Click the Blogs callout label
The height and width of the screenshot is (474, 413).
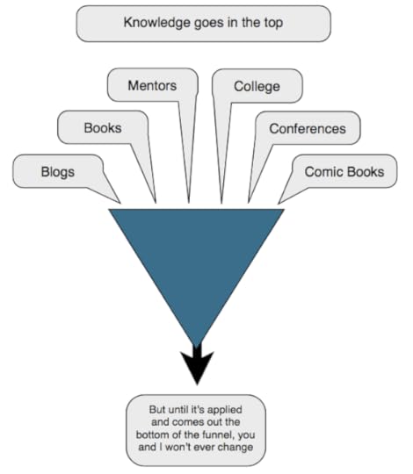[x=58, y=172]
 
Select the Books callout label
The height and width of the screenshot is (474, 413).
[x=103, y=128]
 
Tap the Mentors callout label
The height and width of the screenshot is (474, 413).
[x=152, y=85]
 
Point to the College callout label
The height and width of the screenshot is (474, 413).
[x=257, y=87]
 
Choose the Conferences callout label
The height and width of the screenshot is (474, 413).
[x=308, y=129]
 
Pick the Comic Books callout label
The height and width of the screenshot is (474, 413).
[x=344, y=172]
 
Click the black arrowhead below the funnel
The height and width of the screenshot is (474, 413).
[x=197, y=368]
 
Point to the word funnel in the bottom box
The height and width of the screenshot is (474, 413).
[x=217, y=434]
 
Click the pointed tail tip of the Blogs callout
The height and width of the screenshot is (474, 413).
[x=120, y=203]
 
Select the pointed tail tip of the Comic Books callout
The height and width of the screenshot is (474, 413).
[x=278, y=203]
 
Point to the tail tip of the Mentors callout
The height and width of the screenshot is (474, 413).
[x=189, y=203]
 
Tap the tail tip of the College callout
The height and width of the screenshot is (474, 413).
[x=221, y=203]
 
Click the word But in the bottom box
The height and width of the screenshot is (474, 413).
[x=157, y=410]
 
